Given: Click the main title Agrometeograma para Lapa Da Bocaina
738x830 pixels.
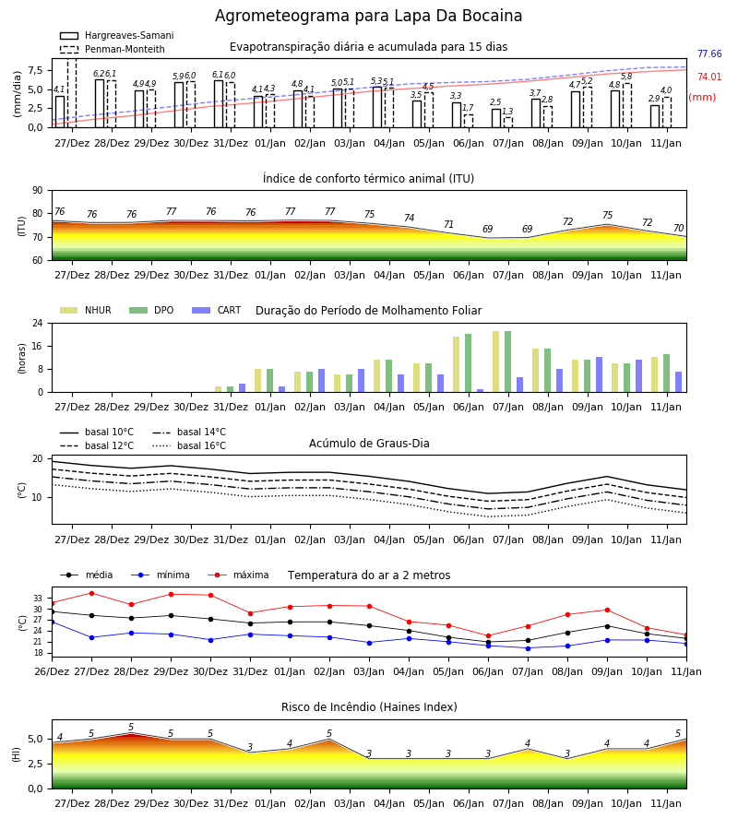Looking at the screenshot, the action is pos(368,16).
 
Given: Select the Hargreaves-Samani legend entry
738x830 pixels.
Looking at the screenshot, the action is pos(117,35).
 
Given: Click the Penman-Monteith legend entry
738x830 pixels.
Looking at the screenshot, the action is pos(113,49).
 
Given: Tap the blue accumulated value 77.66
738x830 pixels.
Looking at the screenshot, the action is pos(709,54).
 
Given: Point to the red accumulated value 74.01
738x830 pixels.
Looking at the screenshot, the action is pos(709,77).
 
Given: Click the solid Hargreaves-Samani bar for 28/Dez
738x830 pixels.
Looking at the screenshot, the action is pos(100,103).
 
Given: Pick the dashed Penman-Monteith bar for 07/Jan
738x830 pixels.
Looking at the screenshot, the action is pos(507,123).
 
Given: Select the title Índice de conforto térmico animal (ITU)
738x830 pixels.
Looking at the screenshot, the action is pos(368,179).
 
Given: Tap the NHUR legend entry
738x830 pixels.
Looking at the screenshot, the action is pos(86,310).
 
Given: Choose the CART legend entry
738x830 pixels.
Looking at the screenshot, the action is pos(217,310).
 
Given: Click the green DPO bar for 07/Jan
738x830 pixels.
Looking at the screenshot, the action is pos(507,362).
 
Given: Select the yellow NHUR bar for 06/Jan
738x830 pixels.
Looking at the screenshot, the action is pos(457,364).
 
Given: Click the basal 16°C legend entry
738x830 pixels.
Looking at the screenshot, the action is pos(189,446).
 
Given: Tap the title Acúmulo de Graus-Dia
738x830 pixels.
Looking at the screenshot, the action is pos(369,444).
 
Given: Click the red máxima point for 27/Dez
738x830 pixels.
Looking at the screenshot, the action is pos(91,593).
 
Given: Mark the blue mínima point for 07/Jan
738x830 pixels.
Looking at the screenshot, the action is pos(528,648).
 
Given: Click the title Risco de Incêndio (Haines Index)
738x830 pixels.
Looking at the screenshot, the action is pos(369,707).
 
